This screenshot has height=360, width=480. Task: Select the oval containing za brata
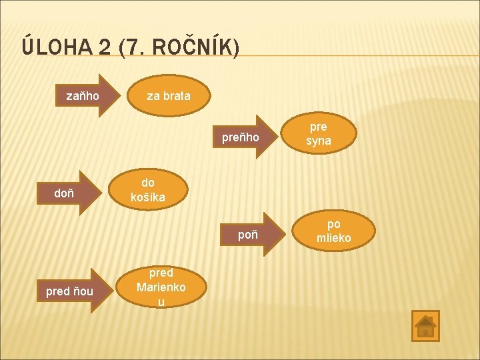tap(169, 96)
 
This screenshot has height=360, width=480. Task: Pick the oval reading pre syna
tap(319, 134)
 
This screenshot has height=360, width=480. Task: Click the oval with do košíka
tap(148, 190)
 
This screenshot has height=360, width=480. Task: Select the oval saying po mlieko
tap(333, 231)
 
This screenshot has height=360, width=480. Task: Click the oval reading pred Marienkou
tap(161, 287)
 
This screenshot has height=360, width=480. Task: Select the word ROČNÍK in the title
tap(193, 47)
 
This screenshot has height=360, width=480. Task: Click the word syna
tap(319, 141)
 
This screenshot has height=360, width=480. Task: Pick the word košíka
tap(148, 197)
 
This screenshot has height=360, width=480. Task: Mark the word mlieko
tap(333, 238)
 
